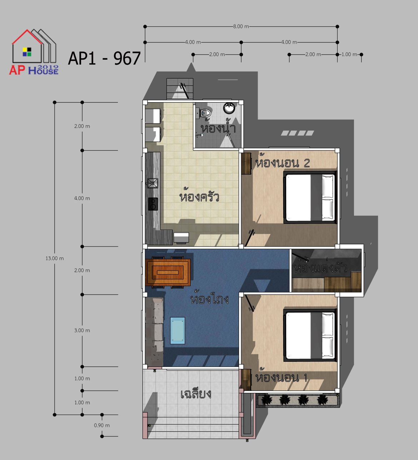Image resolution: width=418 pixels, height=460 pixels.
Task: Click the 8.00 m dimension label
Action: [241, 26]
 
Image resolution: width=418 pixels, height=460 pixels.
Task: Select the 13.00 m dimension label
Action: [55, 259]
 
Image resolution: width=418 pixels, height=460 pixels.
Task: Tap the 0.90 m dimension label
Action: [102, 425]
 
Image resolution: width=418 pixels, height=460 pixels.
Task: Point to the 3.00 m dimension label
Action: [82, 330]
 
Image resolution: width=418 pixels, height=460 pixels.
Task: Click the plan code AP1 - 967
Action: [104, 58]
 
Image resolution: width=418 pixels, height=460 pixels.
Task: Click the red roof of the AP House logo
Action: [27, 37]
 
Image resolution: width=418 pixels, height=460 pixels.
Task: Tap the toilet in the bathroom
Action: [205, 113]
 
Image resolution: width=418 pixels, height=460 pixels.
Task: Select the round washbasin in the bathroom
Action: [229, 108]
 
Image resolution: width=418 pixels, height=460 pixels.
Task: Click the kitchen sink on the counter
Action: [153, 183]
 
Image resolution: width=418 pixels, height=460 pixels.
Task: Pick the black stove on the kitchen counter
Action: [153, 204]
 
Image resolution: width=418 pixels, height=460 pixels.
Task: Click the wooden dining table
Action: [168, 272]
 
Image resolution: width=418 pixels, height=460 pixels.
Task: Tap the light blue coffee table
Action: [177, 331]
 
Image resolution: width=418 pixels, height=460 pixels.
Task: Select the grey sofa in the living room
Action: [154, 331]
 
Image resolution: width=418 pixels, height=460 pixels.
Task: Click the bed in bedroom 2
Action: [310, 197]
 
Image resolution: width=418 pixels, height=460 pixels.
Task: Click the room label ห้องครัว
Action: [199, 196]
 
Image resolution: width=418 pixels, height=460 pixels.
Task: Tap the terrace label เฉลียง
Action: [196, 394]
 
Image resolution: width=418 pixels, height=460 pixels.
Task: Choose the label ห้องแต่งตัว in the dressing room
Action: [320, 267]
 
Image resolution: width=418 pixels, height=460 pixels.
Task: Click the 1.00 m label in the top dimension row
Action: [349, 54]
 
